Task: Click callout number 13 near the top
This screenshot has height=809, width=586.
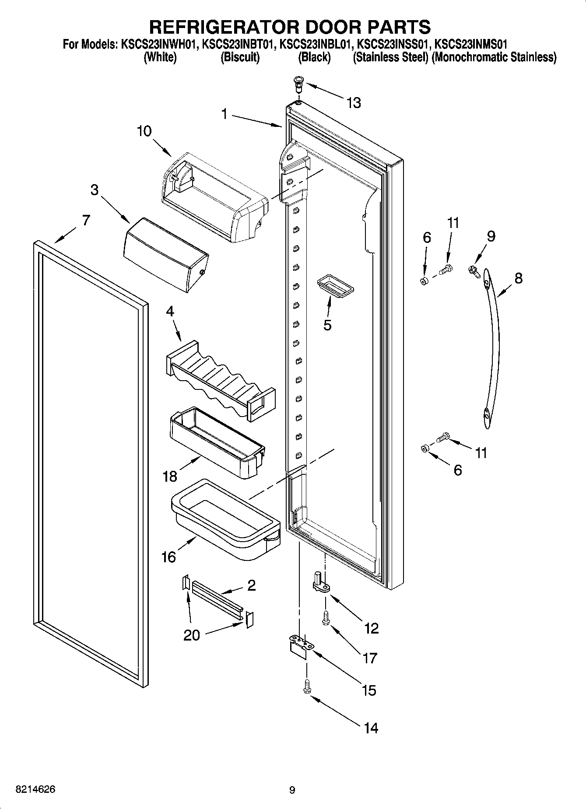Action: [354, 103]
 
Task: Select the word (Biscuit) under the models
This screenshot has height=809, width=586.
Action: [240, 57]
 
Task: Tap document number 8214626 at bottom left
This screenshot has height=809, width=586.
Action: [35, 790]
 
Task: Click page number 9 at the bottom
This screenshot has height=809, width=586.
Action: [292, 790]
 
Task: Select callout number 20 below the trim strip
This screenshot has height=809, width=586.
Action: [191, 635]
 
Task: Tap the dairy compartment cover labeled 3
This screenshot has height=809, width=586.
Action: [166, 256]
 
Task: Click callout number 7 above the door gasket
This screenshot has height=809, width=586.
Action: [86, 220]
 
